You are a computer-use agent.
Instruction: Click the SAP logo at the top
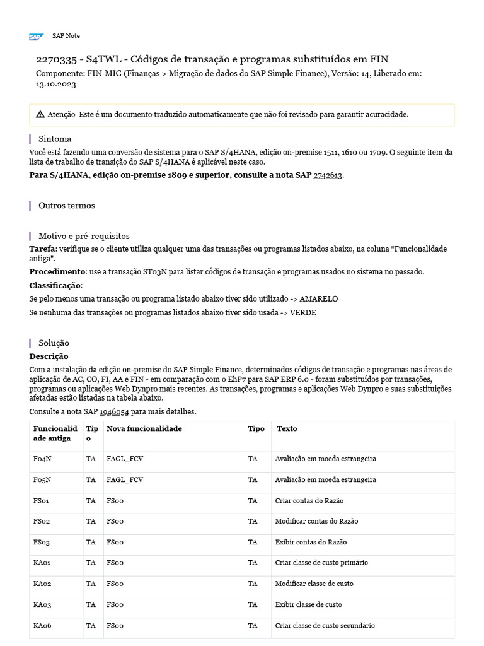click(35, 37)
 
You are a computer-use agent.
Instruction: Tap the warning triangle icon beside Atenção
click(40, 115)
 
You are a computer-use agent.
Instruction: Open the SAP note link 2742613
click(328, 175)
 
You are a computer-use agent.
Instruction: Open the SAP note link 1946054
click(114, 412)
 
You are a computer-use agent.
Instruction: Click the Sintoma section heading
click(55, 139)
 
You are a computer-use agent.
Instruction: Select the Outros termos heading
click(66, 206)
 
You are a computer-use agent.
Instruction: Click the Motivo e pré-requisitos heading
click(84, 236)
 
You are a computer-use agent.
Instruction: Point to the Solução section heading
click(54, 343)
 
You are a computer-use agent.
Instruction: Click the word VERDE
click(302, 313)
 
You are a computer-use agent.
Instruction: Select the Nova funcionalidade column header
click(144, 429)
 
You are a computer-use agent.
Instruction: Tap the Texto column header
click(287, 429)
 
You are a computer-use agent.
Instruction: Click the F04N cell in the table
click(42, 459)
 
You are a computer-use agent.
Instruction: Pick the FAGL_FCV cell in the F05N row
click(125, 480)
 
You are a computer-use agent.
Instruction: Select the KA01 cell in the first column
click(42, 563)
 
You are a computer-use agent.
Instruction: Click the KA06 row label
click(42, 626)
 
